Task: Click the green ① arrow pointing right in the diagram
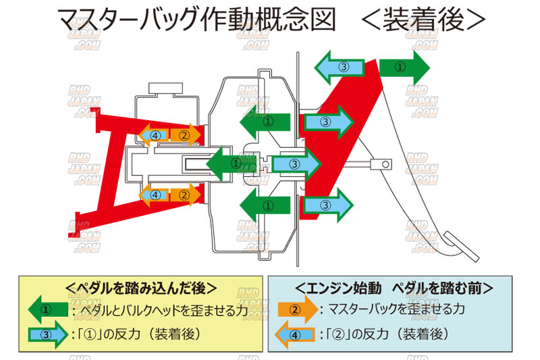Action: pyautogui.click(x=404, y=67)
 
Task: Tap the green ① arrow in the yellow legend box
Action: pyautogui.click(x=47, y=311)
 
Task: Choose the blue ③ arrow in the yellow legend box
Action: pyautogui.click(x=47, y=334)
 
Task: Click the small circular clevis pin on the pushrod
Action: pyautogui.click(x=385, y=163)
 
